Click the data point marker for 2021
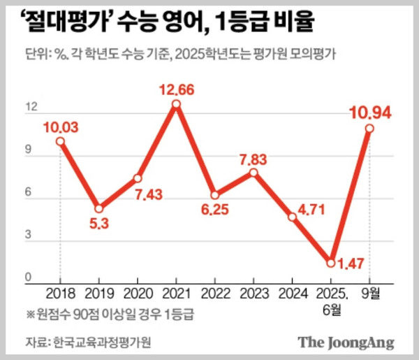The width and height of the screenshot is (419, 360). (x=177, y=104)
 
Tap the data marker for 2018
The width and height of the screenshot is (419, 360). (x=61, y=141)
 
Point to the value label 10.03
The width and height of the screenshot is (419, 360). (x=61, y=127)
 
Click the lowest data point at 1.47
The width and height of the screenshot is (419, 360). (x=332, y=263)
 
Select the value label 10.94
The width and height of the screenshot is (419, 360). (x=370, y=112)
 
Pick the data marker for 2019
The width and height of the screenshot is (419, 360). (x=100, y=208)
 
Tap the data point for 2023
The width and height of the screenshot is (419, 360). (x=254, y=173)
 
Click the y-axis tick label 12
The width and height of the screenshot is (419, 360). (x=31, y=108)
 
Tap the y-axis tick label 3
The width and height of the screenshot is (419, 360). (x=28, y=235)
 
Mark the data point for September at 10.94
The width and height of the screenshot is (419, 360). (x=369, y=129)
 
